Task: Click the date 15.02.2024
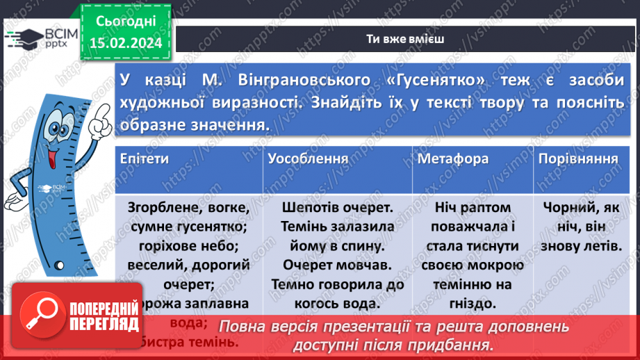pos(125,42)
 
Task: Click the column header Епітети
pos(144,159)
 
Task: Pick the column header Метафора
pos(452,159)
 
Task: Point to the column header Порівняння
pos(578,159)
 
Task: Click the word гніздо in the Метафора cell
pos(473,303)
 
